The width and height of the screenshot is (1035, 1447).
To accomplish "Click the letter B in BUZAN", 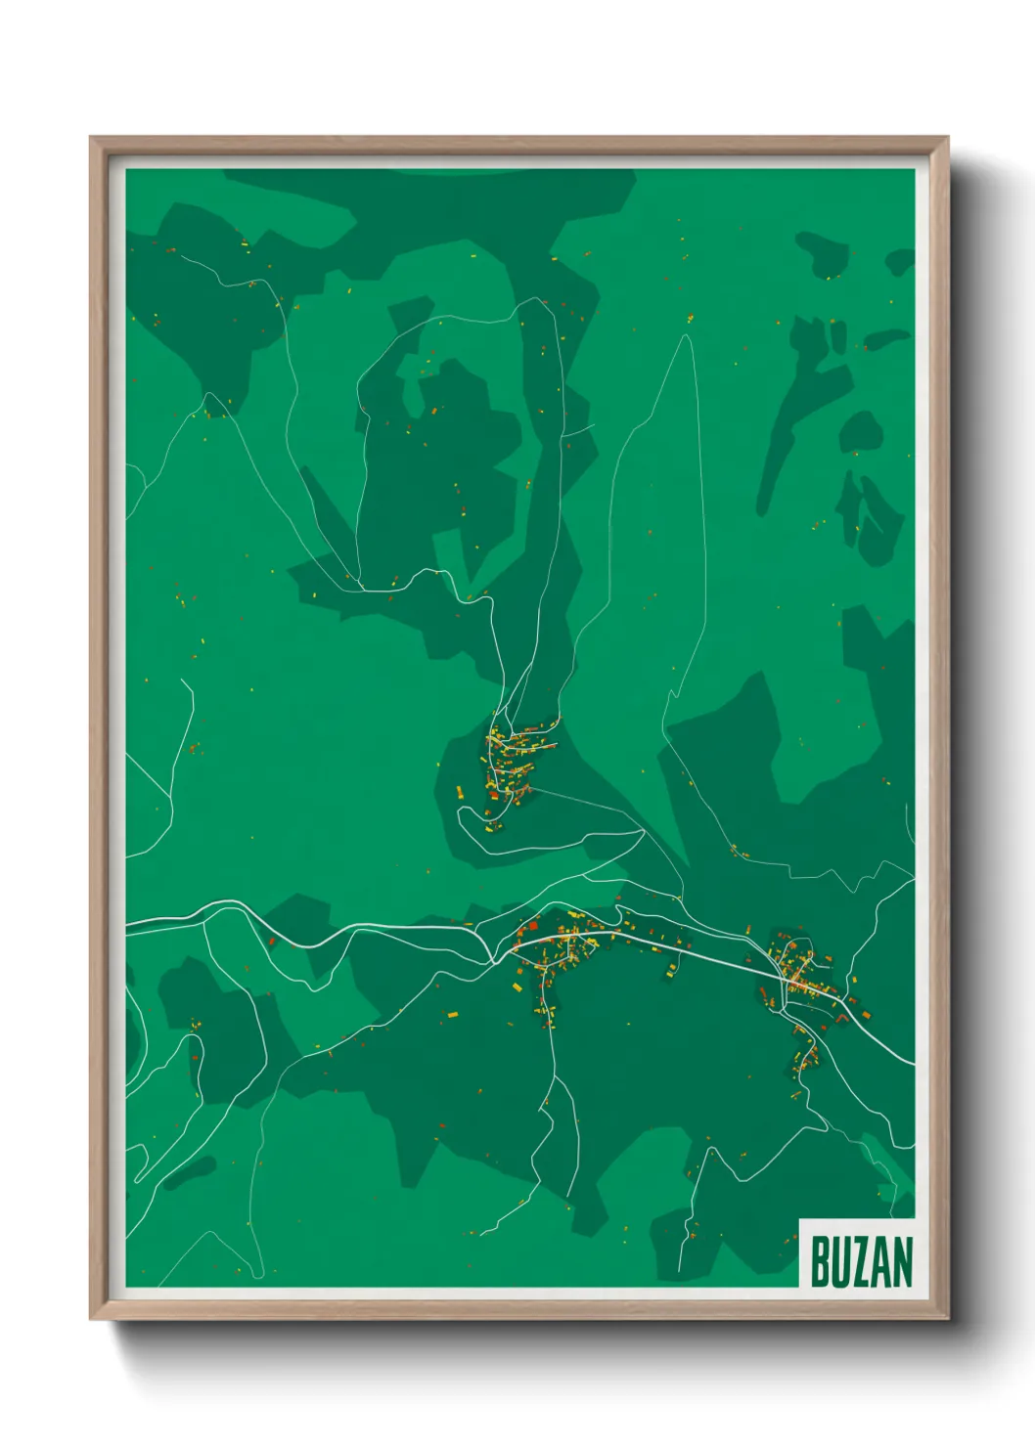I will coord(819,1262).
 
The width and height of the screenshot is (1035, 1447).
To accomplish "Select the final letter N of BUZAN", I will coord(901,1262).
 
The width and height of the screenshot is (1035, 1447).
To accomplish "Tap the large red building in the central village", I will coord(533,925).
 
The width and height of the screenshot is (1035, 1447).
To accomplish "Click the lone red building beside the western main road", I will coord(272,942).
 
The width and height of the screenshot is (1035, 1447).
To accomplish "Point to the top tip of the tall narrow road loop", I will coord(688,337).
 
